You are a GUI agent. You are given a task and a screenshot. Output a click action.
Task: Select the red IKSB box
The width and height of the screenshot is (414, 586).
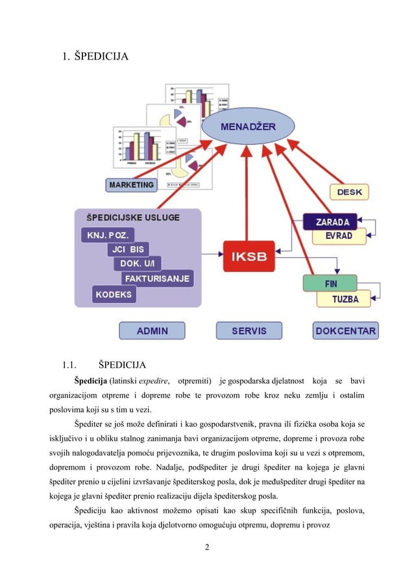249,256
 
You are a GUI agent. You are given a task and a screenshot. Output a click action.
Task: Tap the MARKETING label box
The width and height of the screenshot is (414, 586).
131,185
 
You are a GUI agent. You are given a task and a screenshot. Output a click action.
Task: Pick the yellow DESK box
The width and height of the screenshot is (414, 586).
350,192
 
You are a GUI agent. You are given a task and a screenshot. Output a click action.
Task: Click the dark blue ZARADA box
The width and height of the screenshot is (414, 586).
332,221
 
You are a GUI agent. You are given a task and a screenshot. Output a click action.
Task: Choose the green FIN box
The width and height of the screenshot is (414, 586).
330,284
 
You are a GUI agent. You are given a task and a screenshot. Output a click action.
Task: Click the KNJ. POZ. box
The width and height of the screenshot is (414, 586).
108,234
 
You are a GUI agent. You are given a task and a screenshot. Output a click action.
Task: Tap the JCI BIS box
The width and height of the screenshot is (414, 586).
128,249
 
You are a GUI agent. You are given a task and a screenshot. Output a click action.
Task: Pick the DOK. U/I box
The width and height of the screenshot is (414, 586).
137,263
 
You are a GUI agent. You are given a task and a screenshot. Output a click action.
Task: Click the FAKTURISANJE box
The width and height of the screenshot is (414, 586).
157,278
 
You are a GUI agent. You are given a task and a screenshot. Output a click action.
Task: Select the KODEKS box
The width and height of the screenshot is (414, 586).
115,294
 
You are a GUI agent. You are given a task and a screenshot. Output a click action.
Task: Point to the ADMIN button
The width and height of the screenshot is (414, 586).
152,331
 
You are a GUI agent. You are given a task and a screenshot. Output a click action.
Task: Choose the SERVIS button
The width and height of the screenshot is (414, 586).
249,331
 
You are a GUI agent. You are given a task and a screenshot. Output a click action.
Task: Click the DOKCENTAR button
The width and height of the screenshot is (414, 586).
345,331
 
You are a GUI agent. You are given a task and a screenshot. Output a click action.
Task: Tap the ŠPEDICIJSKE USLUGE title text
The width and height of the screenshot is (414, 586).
129,217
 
